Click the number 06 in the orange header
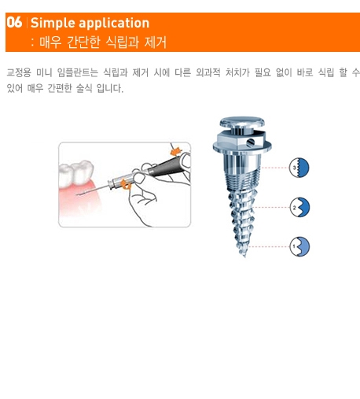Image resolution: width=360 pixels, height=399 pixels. coord(14,22)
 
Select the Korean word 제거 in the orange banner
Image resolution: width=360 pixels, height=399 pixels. coord(156,42)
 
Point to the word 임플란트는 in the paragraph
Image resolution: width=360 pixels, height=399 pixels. coord(77,72)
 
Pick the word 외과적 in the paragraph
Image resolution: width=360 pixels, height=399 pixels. coord(208,72)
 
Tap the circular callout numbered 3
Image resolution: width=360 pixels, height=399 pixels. coord(299,168)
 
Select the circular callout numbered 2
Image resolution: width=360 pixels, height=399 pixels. coord(299,207)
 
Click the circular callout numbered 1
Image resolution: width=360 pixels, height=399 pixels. coord(299,246)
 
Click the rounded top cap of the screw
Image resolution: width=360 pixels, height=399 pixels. coord(242,123)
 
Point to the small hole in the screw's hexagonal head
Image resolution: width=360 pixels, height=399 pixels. coord(250,142)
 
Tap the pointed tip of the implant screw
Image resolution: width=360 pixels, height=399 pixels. coord(244,256)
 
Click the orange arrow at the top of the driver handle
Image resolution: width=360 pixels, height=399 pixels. coord(176,151)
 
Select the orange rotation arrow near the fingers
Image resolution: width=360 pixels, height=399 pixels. coord(127,183)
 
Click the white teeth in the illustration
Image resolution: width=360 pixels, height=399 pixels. coord(76,173)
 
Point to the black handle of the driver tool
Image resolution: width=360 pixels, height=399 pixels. coord(164,164)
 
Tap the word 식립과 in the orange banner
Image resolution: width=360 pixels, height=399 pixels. coord(123,42)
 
